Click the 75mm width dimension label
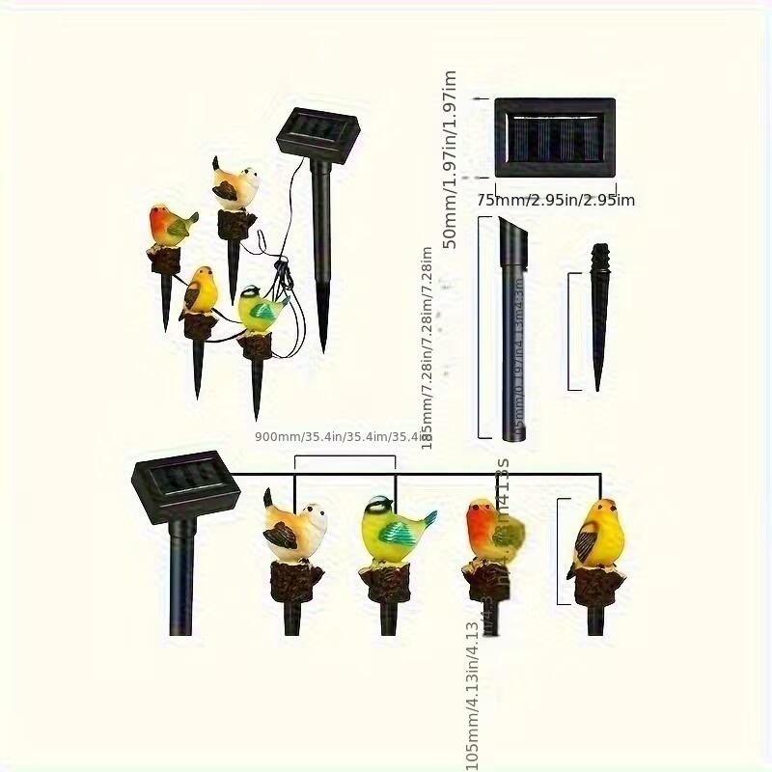tap(556, 200)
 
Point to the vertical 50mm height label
tap(450, 160)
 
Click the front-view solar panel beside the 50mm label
tap(555, 136)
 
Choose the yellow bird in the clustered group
tap(202, 291)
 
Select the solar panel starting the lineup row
tap(184, 486)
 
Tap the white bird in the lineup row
tap(295, 527)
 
